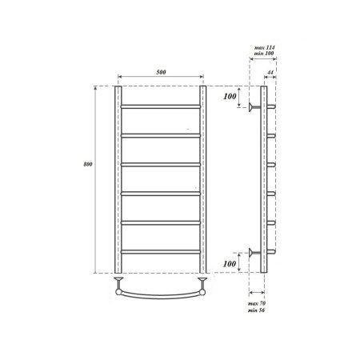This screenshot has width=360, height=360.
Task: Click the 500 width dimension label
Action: (x=162, y=73)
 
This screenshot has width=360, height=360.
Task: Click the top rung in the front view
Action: (x=161, y=106)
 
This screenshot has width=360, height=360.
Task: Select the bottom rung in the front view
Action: (x=161, y=253)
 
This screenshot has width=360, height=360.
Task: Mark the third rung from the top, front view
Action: (x=161, y=165)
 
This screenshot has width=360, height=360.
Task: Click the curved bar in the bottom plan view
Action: (x=161, y=293)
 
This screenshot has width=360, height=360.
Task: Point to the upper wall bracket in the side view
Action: (x=254, y=106)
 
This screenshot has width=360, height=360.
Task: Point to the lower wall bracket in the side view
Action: (x=254, y=254)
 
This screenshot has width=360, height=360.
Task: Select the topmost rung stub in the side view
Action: (x=272, y=106)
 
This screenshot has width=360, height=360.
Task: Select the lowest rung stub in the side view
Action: (x=272, y=254)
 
